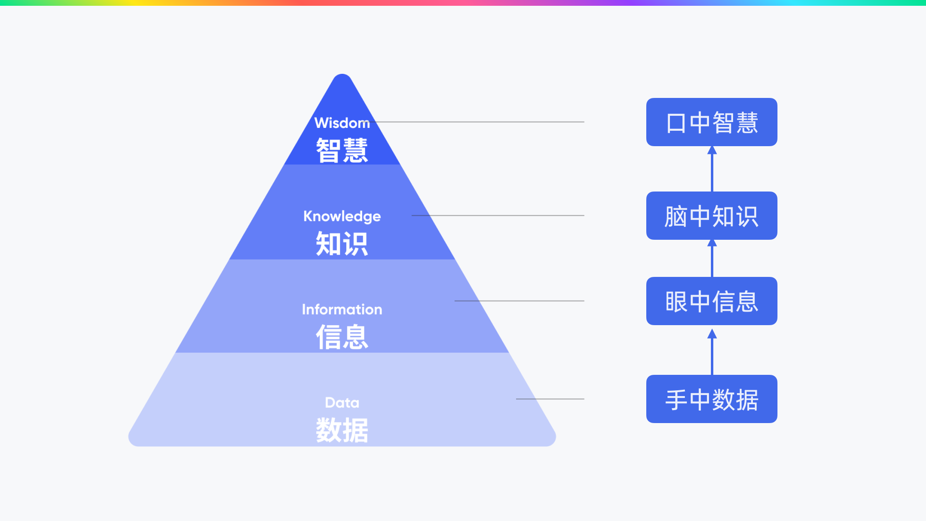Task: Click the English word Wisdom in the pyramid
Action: [x=342, y=123]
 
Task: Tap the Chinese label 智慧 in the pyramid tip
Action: [x=342, y=151]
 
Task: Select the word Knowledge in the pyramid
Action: [x=342, y=216]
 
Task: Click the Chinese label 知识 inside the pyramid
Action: [x=342, y=244]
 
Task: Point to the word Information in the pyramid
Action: [x=342, y=309]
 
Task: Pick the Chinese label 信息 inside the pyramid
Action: [x=342, y=337]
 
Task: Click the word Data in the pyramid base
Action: [x=342, y=402]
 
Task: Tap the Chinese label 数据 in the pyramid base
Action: [x=342, y=430]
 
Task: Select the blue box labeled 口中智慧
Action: [x=712, y=122]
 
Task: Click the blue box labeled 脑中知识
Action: [x=712, y=216]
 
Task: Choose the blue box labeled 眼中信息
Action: [x=712, y=301]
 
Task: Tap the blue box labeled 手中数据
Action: [x=712, y=399]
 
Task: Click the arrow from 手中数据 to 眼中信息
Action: [x=712, y=352]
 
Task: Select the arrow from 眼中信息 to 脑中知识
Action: [x=712, y=258]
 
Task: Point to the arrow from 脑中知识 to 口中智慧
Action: [x=712, y=169]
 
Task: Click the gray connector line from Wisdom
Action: [x=480, y=122]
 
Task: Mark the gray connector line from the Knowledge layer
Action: [x=498, y=216]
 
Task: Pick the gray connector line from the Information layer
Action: [x=519, y=301]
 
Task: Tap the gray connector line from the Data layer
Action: [x=550, y=399]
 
